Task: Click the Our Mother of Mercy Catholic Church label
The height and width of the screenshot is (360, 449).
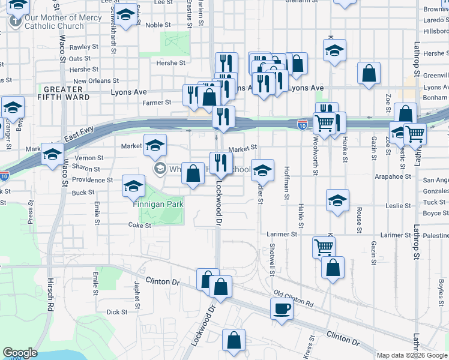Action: pyautogui.click(x=54, y=22)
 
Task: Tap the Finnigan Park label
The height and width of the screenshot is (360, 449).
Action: pyautogui.click(x=158, y=204)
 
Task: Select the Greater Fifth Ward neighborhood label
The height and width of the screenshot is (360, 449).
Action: pyautogui.click(x=59, y=92)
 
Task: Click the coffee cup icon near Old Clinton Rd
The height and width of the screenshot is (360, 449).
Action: pyautogui.click(x=282, y=310)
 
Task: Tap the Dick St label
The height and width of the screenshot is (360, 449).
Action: pyautogui.click(x=116, y=312)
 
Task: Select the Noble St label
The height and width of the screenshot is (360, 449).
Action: pyautogui.click(x=158, y=25)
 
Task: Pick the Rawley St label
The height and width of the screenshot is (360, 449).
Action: pyautogui.click(x=83, y=47)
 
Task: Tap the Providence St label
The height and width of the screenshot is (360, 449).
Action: pyautogui.click(x=92, y=180)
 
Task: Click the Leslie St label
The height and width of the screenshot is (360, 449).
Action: pyautogui.click(x=398, y=205)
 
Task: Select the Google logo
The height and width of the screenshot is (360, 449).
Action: pyautogui.click(x=20, y=353)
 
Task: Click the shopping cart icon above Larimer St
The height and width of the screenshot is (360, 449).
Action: pyautogui.click(x=324, y=246)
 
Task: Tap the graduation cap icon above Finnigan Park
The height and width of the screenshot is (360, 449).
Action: pyautogui.click(x=134, y=186)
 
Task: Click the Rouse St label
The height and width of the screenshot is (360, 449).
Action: pyautogui.click(x=359, y=220)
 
